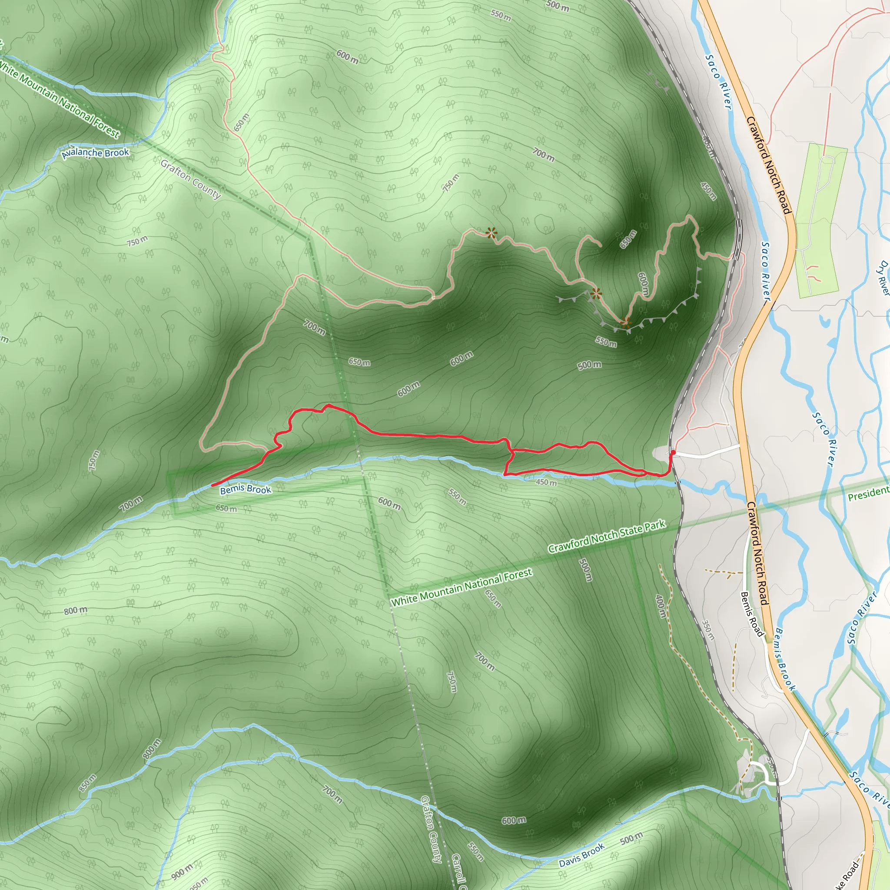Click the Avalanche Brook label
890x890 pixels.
point(96,153)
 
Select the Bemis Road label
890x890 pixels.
point(751,614)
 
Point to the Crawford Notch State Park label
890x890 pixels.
point(607,536)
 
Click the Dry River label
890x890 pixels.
point(883,277)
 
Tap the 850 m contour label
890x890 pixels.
point(87,783)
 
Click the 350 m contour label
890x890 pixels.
point(708,630)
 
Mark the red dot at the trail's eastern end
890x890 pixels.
point(674,452)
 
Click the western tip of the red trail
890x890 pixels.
point(212,485)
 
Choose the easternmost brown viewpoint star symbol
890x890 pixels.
point(625,322)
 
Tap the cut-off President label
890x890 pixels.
point(868,494)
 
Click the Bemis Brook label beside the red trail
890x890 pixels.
point(246,489)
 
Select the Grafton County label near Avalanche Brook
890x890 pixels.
point(191,179)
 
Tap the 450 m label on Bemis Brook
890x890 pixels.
point(546,482)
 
